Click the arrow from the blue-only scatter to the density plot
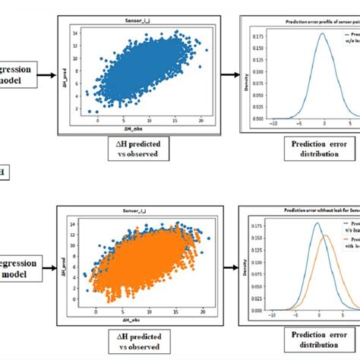point(226,74)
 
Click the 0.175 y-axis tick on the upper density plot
point(261,34)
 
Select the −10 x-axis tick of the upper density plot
point(273,122)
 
